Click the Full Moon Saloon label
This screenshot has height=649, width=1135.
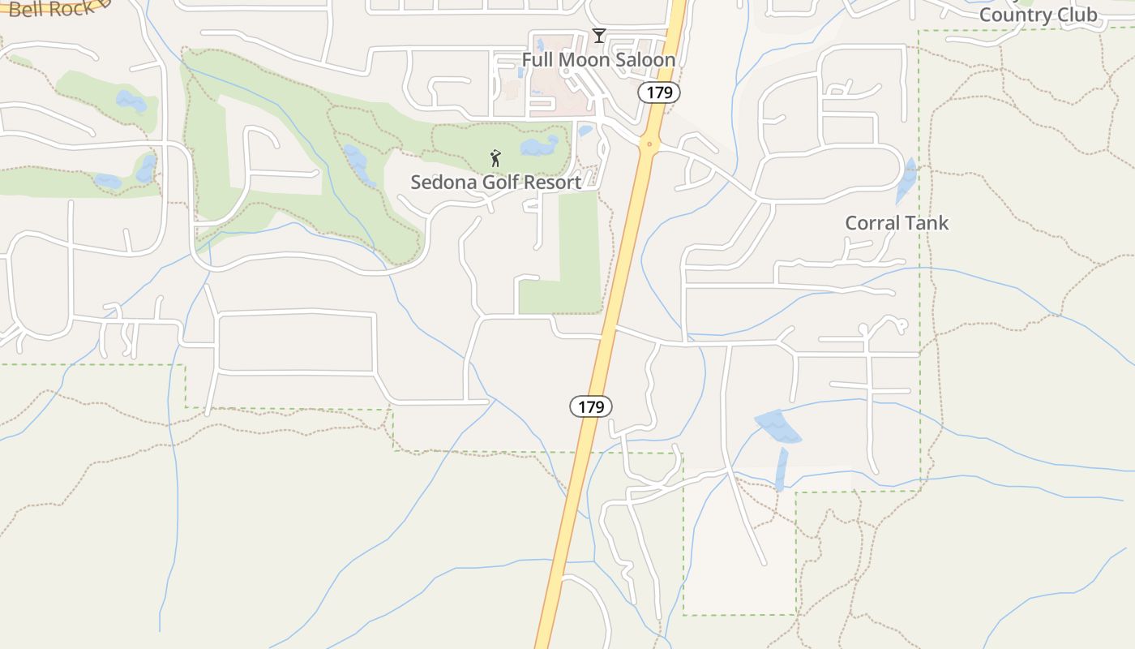tap(598, 60)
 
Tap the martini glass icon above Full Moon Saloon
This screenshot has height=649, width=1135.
tap(598, 36)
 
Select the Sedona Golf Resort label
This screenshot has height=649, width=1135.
tap(495, 183)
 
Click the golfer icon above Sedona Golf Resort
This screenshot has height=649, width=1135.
tap(495, 158)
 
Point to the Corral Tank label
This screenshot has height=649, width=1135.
tap(896, 223)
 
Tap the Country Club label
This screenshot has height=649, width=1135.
tap(1038, 15)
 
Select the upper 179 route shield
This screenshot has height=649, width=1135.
tap(658, 92)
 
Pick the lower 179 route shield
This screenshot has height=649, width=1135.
tap(591, 406)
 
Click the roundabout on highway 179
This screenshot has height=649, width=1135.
tap(648, 145)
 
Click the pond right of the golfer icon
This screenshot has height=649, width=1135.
tap(539, 146)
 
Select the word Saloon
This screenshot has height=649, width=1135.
tap(645, 60)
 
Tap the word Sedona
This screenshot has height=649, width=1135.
tap(443, 183)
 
